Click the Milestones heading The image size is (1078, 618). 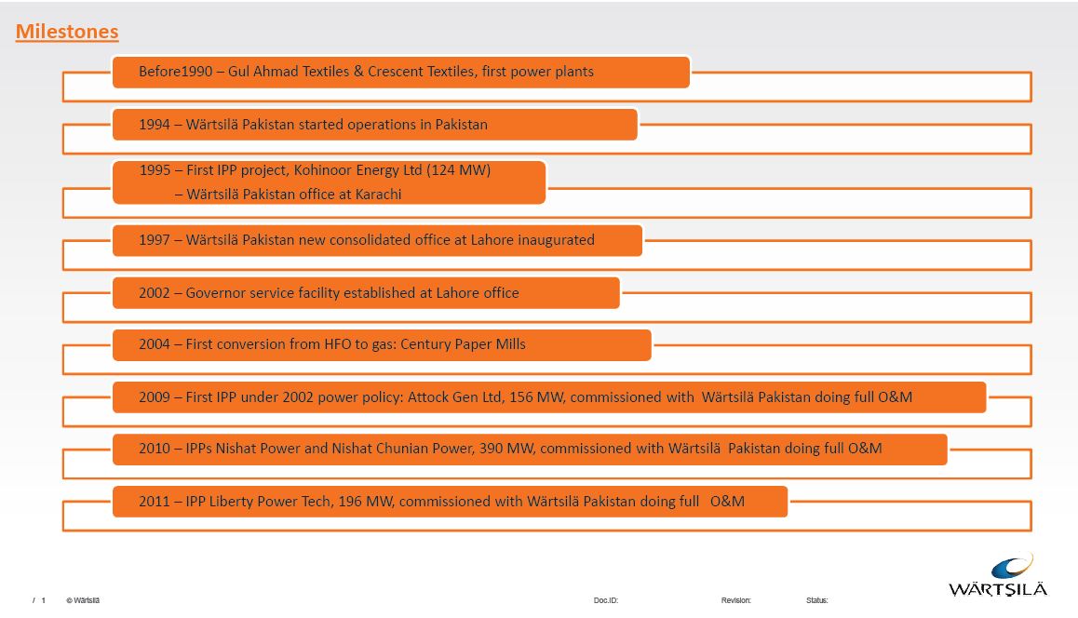(67, 32)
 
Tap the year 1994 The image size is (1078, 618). (155, 125)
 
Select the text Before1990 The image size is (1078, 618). (176, 72)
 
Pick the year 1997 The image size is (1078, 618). (155, 240)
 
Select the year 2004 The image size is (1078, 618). (155, 344)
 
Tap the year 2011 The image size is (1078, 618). (155, 502)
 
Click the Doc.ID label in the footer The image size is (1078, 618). (605, 600)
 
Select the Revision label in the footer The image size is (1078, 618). (735, 600)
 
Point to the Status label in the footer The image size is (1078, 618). (816, 600)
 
